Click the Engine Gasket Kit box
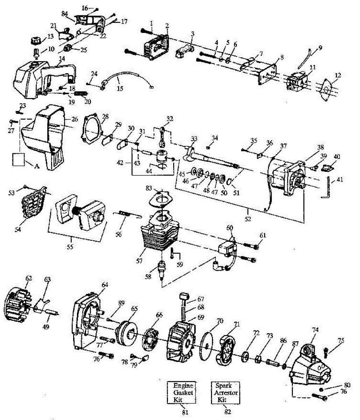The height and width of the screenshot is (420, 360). point(183,392)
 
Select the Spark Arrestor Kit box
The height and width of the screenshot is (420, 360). point(226,392)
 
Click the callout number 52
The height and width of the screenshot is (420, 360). point(248,219)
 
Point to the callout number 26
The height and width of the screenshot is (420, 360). point(75,119)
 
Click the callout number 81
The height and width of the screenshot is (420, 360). point(185,412)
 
